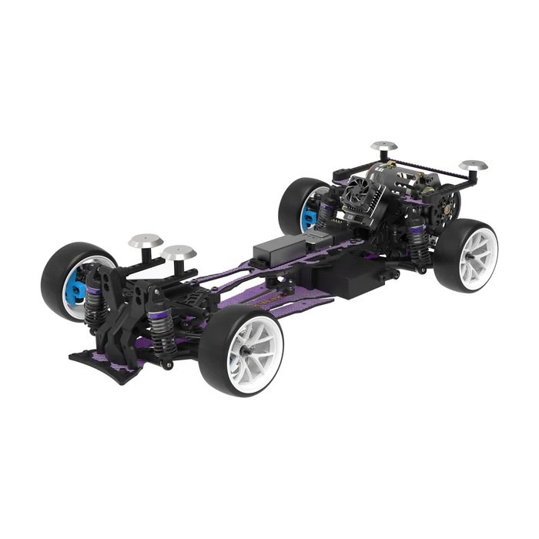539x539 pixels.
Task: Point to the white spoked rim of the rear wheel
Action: click(x=477, y=253)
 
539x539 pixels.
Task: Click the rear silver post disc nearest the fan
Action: click(x=383, y=146)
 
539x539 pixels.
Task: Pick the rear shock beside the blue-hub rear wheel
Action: click(x=330, y=208)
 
